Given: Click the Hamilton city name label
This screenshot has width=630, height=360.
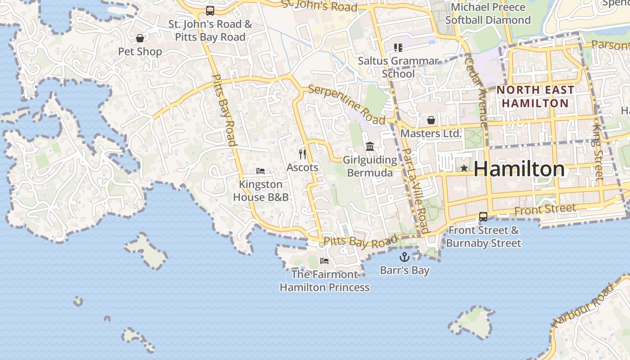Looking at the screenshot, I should (519, 169).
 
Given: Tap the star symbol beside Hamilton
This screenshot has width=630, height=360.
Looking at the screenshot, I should (464, 168).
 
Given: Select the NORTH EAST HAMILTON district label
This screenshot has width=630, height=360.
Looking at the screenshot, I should (535, 96).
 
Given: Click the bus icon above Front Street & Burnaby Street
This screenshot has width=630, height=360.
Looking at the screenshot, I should (483, 217).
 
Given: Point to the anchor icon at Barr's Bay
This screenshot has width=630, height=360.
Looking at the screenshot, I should (405, 257).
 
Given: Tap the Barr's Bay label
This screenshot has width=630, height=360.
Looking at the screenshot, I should (405, 270).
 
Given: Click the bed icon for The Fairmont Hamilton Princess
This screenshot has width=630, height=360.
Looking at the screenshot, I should (324, 261).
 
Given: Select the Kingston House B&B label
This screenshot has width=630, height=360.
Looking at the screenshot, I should (261, 191).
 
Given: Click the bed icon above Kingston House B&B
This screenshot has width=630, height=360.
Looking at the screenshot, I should (261, 171).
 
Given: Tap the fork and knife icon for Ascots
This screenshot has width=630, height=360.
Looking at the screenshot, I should (302, 154).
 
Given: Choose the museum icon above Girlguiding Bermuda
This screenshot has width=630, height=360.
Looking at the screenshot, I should (370, 146).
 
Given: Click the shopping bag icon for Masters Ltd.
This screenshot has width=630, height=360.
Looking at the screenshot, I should (431, 120).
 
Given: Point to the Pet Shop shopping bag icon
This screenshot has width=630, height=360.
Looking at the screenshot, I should (140, 38).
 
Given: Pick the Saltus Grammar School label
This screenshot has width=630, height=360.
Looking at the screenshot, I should (398, 67).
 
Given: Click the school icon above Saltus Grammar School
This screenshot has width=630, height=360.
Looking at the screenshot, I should (398, 47).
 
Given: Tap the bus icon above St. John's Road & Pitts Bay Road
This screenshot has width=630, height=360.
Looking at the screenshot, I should (210, 10).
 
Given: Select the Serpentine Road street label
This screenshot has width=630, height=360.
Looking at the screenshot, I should (347, 104).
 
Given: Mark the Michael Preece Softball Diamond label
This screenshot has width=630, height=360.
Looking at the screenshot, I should (488, 13).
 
